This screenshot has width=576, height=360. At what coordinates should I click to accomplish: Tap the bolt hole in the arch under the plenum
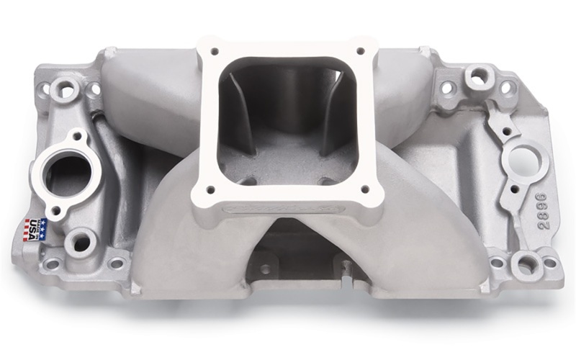(x=266, y=269)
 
